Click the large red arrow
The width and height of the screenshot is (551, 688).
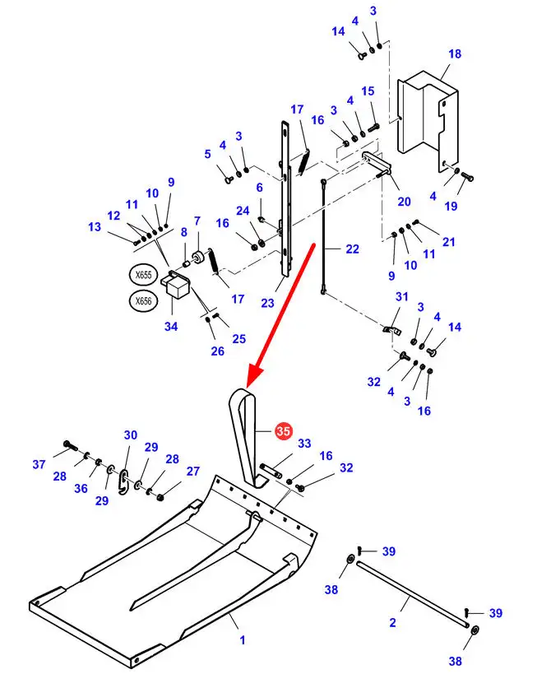pyautogui.click(x=280, y=313)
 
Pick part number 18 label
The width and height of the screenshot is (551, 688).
pyautogui.click(x=455, y=54)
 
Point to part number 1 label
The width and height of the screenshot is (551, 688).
pyautogui.click(x=243, y=639)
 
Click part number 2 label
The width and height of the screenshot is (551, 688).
pyautogui.click(x=392, y=623)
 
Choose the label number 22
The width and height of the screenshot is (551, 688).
pyautogui.click(x=353, y=249)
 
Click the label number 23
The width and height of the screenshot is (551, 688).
pyautogui.click(x=267, y=303)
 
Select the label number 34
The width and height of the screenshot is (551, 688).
pyautogui.click(x=170, y=327)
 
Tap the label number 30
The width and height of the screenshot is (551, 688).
pyautogui.click(x=131, y=435)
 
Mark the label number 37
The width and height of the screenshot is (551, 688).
pyautogui.click(x=39, y=465)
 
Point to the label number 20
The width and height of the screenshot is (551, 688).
pyautogui.click(x=403, y=202)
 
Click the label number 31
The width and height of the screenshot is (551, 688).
pyautogui.click(x=401, y=297)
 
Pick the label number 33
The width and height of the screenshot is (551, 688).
pyautogui.click(x=305, y=444)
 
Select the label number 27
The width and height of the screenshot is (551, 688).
pyautogui.click(x=193, y=472)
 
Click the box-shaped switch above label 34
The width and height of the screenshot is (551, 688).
pyautogui.click(x=177, y=287)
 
